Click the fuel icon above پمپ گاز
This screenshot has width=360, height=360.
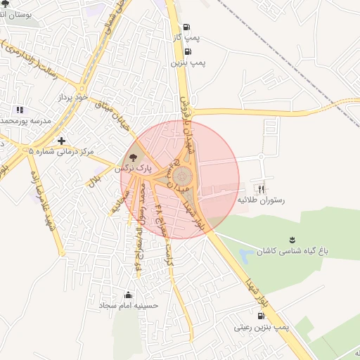(x=186, y=27)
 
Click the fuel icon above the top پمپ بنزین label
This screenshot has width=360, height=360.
(x=187, y=51)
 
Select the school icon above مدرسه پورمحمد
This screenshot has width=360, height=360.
(x=20, y=110)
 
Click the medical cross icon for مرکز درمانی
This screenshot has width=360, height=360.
(x=62, y=141)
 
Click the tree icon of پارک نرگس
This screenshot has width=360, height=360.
(x=134, y=157)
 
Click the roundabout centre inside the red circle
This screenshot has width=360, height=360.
(x=182, y=174)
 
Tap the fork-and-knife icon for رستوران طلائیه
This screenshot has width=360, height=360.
(x=262, y=188)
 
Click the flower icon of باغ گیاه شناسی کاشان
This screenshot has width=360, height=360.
(x=292, y=240)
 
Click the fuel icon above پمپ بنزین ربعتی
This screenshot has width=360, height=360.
(x=262, y=316)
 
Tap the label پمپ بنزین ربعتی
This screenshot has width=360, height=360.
(x=262, y=328)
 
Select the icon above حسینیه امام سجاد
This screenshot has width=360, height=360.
(x=128, y=295)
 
